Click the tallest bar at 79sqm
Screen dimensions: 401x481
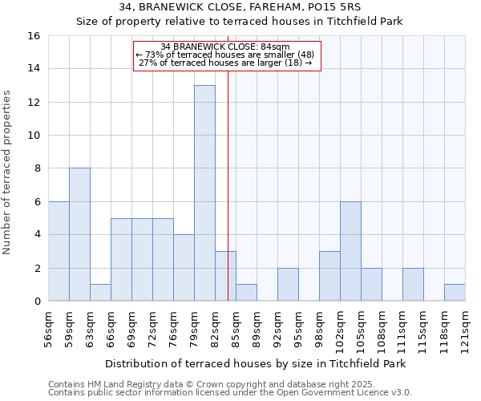tap(204, 192)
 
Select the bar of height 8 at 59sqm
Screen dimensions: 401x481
tap(79, 234)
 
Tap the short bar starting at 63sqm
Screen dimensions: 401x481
tap(100, 293)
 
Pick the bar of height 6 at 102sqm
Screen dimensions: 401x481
tap(350, 251)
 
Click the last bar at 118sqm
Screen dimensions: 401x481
tap(455, 293)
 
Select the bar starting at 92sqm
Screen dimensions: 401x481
tap(288, 285)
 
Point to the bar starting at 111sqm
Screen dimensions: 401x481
tap(413, 285)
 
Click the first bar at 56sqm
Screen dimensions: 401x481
tap(59, 251)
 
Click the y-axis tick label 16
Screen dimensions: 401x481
tap(34, 36)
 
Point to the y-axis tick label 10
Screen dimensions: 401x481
tap(34, 136)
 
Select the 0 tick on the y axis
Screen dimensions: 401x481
tap(37, 302)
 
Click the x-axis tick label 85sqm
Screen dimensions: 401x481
tap(236, 322)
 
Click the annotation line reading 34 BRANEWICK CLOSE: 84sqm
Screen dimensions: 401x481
tap(225, 47)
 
